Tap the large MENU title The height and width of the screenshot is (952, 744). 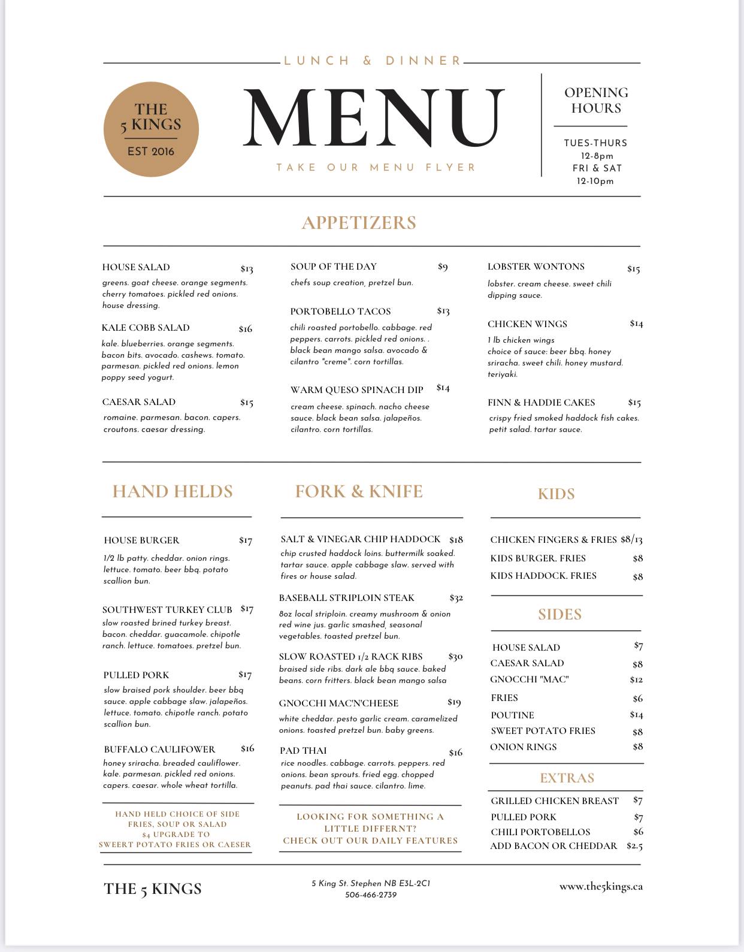(374, 117)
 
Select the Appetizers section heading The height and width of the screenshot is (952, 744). (359, 222)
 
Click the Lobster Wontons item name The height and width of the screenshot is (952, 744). (536, 267)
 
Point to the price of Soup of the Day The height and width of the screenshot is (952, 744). (443, 267)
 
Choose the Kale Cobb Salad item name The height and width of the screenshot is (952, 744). (146, 328)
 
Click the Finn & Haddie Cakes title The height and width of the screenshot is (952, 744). (541, 402)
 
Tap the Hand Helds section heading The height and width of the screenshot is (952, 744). (173, 491)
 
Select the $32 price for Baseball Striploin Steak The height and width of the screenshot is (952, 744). (456, 598)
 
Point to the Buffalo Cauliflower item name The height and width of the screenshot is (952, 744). (159, 749)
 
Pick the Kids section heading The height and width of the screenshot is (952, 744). (556, 494)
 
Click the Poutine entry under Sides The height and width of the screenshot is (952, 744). (512, 715)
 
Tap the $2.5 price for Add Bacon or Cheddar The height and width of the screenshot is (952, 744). (634, 846)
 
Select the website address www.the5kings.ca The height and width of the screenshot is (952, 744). (601, 887)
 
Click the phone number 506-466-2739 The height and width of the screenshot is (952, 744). (371, 895)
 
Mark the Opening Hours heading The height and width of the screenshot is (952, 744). (596, 100)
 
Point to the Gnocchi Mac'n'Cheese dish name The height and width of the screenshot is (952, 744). (338, 703)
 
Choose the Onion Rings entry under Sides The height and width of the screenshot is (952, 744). (523, 747)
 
